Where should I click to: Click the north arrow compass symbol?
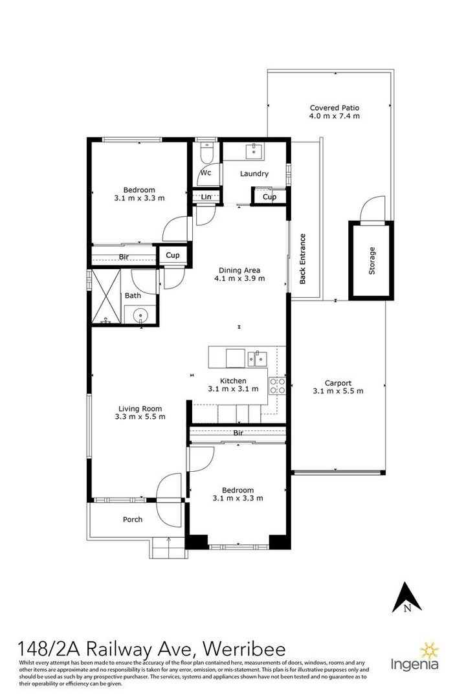pos(406,597)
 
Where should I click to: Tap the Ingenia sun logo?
pos(430,651)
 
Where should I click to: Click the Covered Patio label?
pos(335,107)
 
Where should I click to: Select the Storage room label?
pos(372,260)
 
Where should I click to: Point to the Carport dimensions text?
pos(338,391)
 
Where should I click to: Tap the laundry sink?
pos(254,151)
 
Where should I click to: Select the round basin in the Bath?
pos(140,315)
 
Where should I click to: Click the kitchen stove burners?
pos(277,386)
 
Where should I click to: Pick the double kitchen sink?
pos(258,358)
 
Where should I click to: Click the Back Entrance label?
pos(303,258)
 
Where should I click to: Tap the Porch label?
pos(133,519)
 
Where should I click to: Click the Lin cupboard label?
pos(206,197)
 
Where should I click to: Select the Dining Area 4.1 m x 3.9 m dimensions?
pos(239,278)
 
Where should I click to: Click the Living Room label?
pos(140,408)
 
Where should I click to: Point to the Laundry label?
pos(254,173)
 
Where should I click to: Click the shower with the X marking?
pos(106,296)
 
